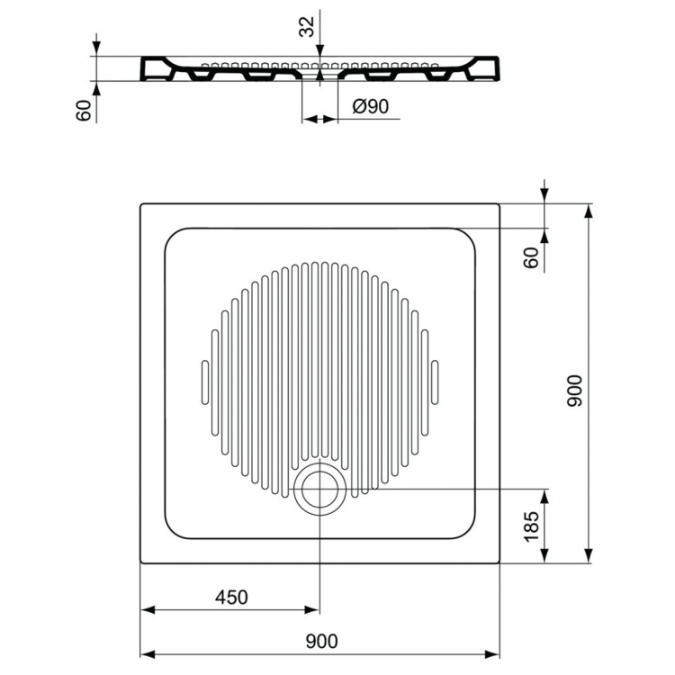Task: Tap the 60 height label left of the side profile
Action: pos(84,111)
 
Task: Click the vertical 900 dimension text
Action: pos(577,391)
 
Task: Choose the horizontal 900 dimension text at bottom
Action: pos(321,641)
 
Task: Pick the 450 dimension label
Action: pos(231,597)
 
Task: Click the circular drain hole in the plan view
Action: pos(319,490)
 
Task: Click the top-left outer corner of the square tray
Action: pos(141,204)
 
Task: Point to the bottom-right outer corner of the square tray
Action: pos(500,563)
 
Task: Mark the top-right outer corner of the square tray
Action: pos(500,204)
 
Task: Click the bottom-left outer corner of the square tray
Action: pos(141,563)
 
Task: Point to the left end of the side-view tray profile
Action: pos(141,69)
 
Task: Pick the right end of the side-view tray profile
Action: pos(500,69)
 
